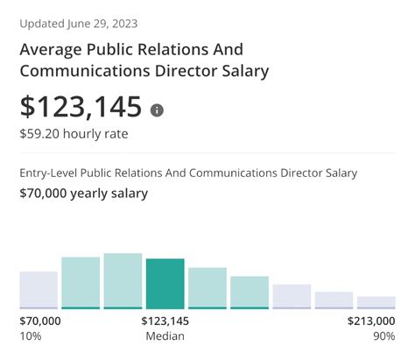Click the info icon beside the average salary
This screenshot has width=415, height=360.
tap(157, 110)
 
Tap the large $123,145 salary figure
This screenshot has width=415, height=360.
tap(81, 107)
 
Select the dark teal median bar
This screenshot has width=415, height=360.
tap(165, 283)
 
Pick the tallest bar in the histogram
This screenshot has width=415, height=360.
tap(123, 280)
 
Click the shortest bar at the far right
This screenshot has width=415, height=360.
tap(376, 302)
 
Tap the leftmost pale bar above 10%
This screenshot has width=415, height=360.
tap(39, 289)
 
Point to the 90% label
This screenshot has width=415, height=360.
tap(383, 336)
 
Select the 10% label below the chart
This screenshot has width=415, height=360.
tap(30, 336)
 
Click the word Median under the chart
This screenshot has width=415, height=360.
tap(165, 336)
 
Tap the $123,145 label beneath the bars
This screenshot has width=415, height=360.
tap(165, 321)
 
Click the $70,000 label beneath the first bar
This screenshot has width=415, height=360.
tap(40, 321)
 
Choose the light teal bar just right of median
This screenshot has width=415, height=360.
tap(207, 287)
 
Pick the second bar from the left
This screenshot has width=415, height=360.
tap(81, 282)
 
